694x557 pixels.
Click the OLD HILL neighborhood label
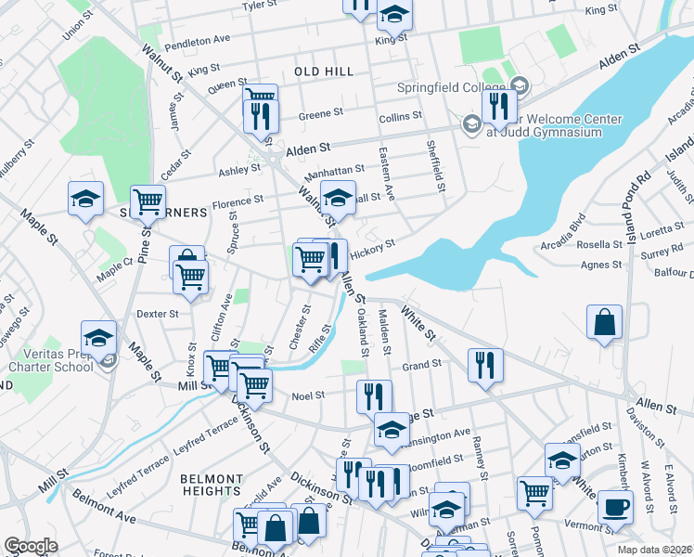(x=324, y=71)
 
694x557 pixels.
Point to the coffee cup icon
(x=616, y=506)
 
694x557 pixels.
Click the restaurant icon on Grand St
(x=485, y=364)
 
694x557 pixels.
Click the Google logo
(x=31, y=546)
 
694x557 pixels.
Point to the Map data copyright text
(x=655, y=549)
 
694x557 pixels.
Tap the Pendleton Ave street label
(x=197, y=45)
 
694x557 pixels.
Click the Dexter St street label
(x=157, y=314)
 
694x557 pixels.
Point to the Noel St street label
(x=308, y=395)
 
